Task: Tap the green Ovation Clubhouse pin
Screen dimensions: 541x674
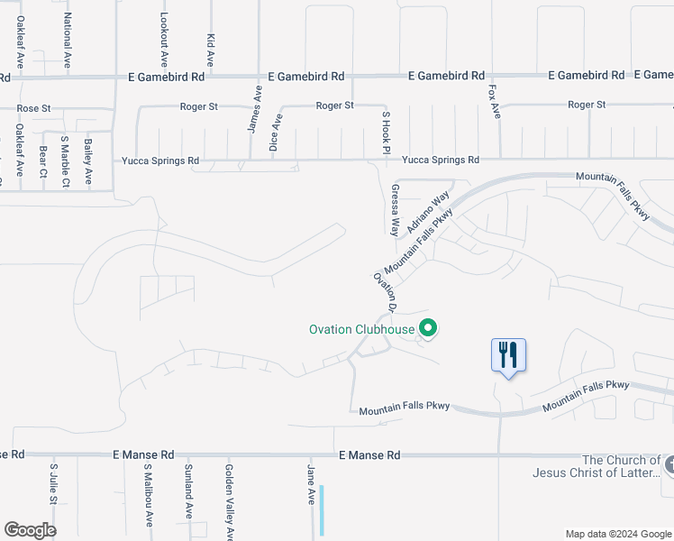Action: point(429,329)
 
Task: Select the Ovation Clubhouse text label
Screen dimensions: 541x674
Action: point(361,329)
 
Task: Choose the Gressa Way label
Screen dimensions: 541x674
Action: point(395,210)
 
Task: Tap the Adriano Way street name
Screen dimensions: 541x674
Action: point(428,213)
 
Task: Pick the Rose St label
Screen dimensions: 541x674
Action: point(33,108)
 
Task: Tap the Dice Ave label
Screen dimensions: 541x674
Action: point(277,132)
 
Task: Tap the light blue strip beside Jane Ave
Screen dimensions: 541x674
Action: point(321,511)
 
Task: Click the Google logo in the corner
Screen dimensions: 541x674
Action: point(30,530)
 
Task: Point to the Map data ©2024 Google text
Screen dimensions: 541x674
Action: point(617,534)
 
